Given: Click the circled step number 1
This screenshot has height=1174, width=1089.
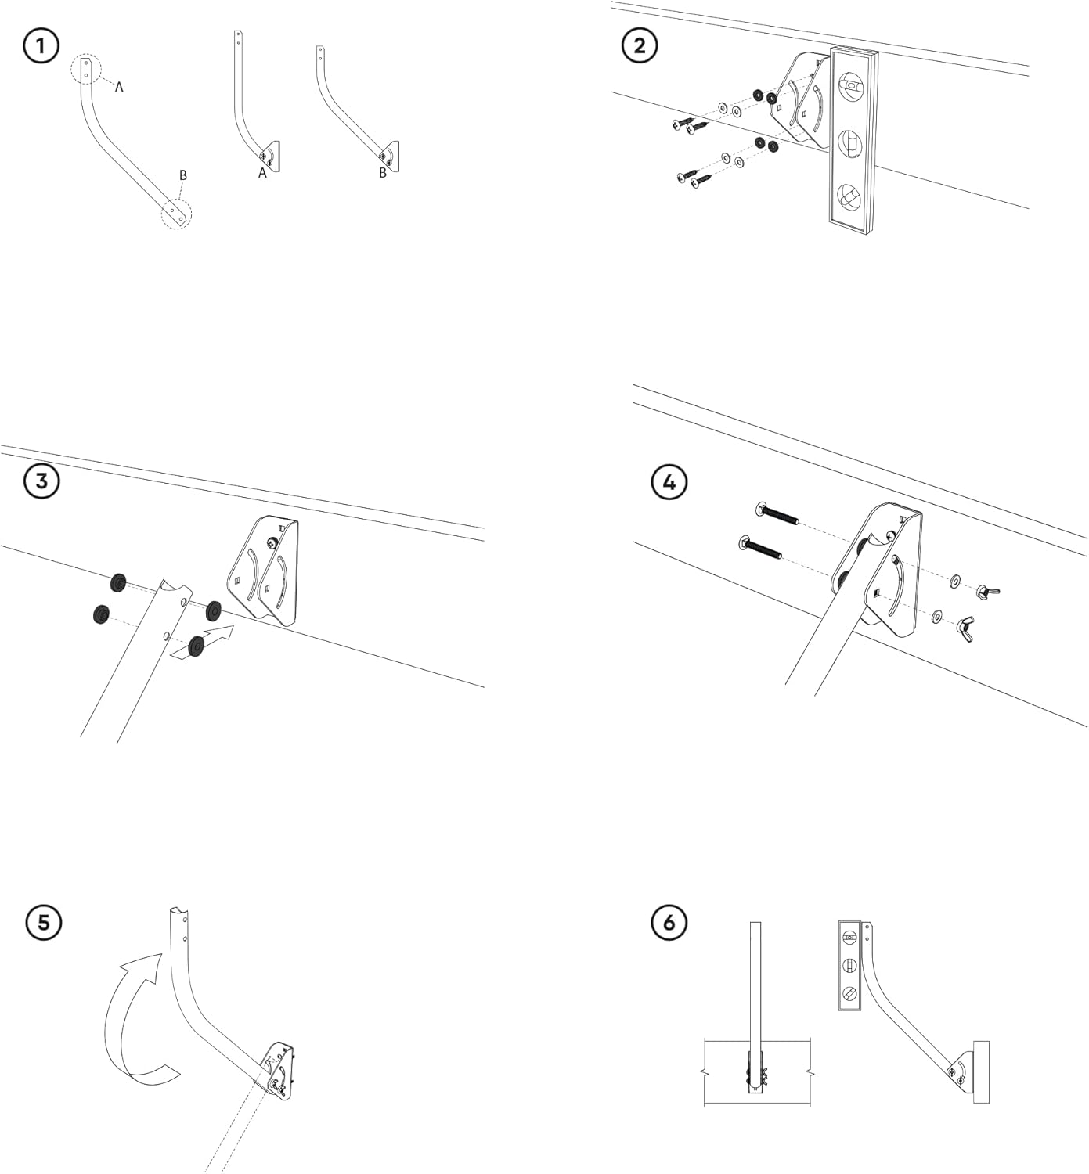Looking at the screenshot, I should click(41, 46).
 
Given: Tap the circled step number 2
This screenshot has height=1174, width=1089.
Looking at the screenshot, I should click(640, 45).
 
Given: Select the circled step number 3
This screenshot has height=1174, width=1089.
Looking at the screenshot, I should click(41, 481).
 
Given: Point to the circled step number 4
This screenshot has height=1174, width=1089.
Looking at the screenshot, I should click(669, 482).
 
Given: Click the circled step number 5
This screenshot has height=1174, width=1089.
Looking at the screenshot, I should click(43, 922).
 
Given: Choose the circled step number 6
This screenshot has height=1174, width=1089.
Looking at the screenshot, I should click(669, 923).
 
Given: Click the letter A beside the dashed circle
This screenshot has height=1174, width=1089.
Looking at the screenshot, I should click(119, 88).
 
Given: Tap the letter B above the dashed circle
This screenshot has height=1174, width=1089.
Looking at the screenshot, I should click(183, 175).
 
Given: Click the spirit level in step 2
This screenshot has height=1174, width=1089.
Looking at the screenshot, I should click(852, 141).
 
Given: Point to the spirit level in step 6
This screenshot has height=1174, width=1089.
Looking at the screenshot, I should click(849, 966).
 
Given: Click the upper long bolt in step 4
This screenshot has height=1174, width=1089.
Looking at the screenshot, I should click(777, 515).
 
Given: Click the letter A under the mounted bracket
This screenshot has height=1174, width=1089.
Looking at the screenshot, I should click(263, 174).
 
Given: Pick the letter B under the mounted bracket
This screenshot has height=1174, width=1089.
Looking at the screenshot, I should click(383, 174).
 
